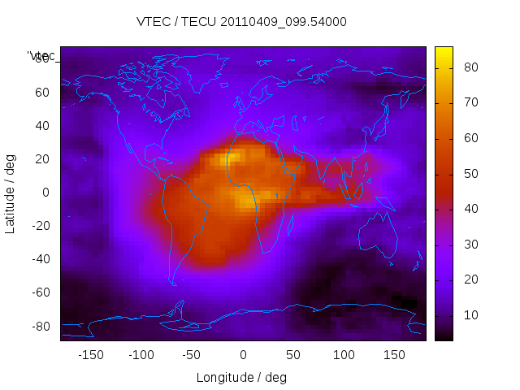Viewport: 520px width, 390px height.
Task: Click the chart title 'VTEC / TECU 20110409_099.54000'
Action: tap(241, 22)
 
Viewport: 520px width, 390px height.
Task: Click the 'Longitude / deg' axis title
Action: tap(241, 378)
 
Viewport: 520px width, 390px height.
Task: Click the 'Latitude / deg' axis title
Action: tap(11, 193)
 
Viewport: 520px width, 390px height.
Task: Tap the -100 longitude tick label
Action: tap(141, 355)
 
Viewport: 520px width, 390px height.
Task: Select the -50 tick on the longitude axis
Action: tap(192, 355)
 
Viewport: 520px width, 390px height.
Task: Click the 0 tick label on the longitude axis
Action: tap(242, 355)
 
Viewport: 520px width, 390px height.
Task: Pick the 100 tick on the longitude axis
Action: tap(344, 355)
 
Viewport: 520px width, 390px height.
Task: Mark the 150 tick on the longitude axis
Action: tap(394, 355)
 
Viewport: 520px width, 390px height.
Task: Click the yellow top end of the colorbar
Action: tap(444, 51)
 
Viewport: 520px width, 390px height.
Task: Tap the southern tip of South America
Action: tap(173, 284)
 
